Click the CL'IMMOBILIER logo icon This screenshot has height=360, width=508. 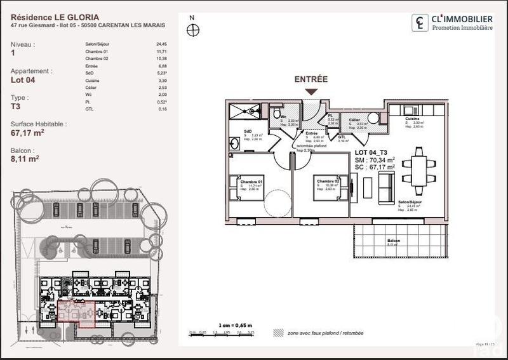(420, 23)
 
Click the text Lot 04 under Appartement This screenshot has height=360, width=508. (25, 80)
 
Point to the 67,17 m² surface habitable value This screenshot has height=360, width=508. (27, 133)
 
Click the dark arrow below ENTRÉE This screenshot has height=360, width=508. (311, 91)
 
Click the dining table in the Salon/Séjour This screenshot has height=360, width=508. (420, 166)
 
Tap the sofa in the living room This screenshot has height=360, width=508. (385, 183)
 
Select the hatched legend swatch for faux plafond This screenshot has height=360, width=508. (277, 332)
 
